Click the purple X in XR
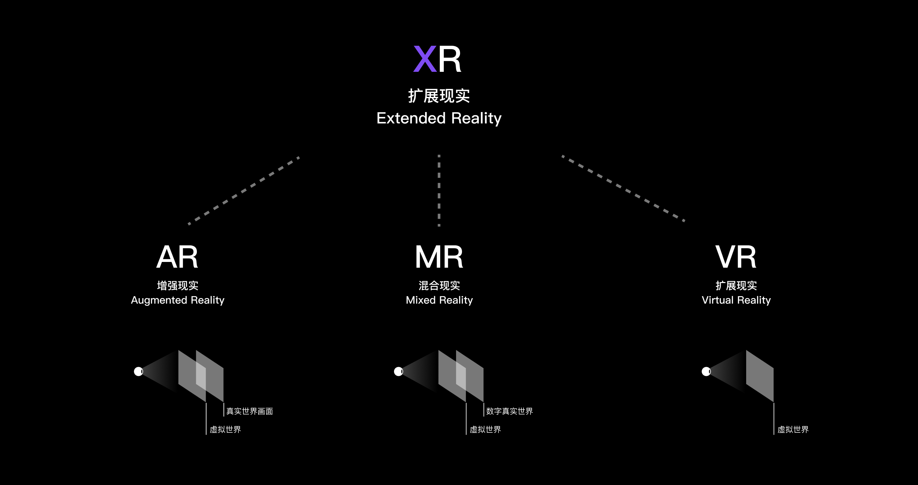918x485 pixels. [424, 59]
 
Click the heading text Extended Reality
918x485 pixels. [439, 118]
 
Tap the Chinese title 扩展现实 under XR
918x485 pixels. [439, 96]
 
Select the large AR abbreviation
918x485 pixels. [177, 257]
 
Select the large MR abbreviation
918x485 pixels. [439, 257]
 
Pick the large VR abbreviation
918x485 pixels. [736, 257]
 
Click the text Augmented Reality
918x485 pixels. [177, 300]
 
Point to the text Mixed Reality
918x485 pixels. [439, 300]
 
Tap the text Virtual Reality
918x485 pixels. [736, 300]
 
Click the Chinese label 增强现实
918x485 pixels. [177, 286]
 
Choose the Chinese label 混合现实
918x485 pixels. [439, 286]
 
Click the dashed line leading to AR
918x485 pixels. [244, 190]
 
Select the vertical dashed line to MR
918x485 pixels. [439, 190]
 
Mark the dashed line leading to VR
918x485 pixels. [623, 188]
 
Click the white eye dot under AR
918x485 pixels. [138, 371]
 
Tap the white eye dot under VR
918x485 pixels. [706, 371]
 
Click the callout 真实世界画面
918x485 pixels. [250, 411]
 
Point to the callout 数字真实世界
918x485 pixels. [509, 411]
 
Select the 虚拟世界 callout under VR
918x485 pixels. [793, 429]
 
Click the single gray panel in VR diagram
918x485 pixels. [760, 376]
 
